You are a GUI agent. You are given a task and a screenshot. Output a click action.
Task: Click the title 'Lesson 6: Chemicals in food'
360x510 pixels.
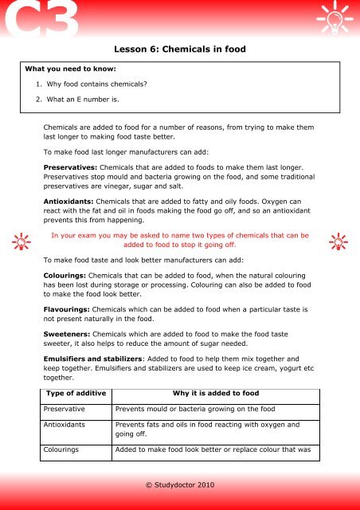coord(180,49)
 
